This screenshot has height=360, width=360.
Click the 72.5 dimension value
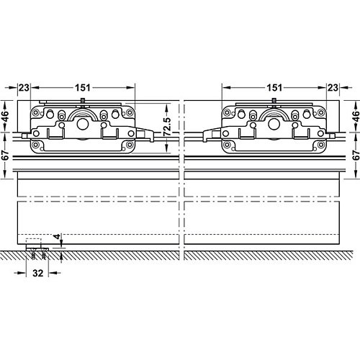167,127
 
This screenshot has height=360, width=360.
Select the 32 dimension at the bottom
37,273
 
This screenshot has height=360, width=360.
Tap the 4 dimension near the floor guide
57,237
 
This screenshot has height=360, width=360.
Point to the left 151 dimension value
83,88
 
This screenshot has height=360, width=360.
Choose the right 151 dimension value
274,88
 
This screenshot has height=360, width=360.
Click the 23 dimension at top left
24,88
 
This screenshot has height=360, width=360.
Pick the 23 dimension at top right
333,88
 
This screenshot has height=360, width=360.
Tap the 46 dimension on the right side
356,116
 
